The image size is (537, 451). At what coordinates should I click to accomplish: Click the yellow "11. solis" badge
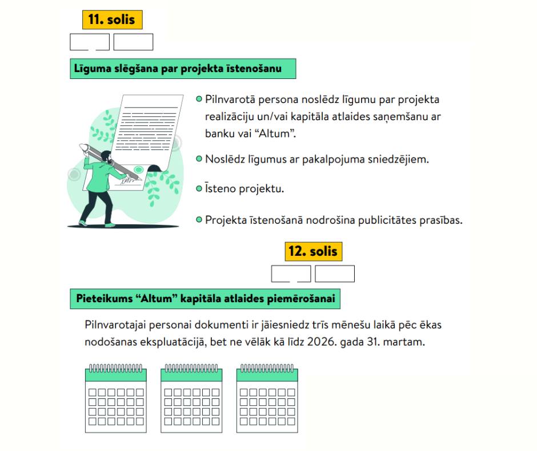pos(112,19)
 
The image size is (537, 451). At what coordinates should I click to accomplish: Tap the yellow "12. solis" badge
pos(313,251)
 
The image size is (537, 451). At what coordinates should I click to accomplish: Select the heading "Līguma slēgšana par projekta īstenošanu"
pos(183,69)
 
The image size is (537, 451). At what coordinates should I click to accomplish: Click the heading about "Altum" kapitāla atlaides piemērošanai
pos(206,298)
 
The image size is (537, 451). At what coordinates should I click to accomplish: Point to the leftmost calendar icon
pos(116,398)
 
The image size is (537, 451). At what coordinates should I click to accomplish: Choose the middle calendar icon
pos(191,398)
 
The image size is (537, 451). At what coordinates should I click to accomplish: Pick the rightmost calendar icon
pos(267,398)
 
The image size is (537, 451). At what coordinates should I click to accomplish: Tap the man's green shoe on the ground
pos(84,222)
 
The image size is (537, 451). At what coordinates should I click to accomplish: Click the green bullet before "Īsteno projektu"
pos(199,187)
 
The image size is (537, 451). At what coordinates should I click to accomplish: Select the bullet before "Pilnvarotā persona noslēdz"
pos(199,100)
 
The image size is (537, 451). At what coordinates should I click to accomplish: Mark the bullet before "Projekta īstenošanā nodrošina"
pos(199,219)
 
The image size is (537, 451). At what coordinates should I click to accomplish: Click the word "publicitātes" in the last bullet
pos(392,220)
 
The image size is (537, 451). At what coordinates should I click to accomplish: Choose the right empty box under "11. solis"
pos(133,42)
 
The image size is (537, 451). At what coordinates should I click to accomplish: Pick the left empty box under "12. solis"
pos(291,274)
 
